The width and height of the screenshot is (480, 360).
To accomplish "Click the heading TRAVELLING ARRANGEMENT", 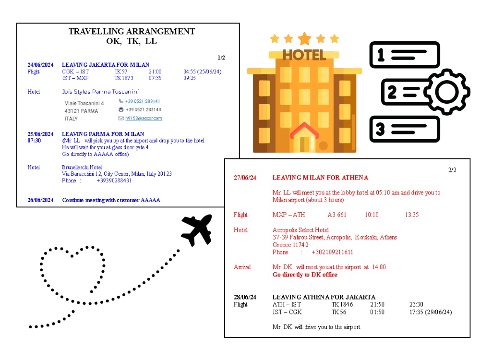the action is coord(132,32).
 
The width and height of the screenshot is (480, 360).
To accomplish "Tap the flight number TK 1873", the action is coord(124,78).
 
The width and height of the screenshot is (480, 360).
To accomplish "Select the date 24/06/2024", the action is coord(40,65).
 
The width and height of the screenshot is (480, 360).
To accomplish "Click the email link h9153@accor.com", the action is coord(144,118).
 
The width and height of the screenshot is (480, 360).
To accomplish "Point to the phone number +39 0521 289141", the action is coord(143,101).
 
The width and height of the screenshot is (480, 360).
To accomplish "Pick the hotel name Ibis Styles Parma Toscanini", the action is coord(100,92).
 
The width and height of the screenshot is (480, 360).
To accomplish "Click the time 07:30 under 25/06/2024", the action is coord(34,141).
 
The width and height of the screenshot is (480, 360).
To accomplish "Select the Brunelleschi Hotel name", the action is coord(82,167).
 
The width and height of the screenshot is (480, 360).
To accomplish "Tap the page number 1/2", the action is coord(221,58).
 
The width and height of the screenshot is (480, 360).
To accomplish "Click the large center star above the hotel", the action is coord(305,39).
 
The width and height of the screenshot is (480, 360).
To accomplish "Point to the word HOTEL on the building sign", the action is coord(304,55).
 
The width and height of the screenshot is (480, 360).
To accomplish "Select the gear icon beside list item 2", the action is coord(447,92).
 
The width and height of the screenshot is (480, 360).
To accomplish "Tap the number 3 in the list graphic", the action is coord(380,129).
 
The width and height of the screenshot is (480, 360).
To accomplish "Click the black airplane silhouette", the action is coord(196,229).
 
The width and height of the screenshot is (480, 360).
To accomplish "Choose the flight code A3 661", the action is coord(337,215).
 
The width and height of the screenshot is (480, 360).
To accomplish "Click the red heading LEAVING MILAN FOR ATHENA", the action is coord(320,178).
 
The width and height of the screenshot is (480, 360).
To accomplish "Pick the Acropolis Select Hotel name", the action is coord(300,230).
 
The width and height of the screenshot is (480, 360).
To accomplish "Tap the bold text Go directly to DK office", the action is coord(305,275).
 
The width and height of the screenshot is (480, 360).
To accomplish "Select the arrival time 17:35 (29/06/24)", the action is coord(431,312).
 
